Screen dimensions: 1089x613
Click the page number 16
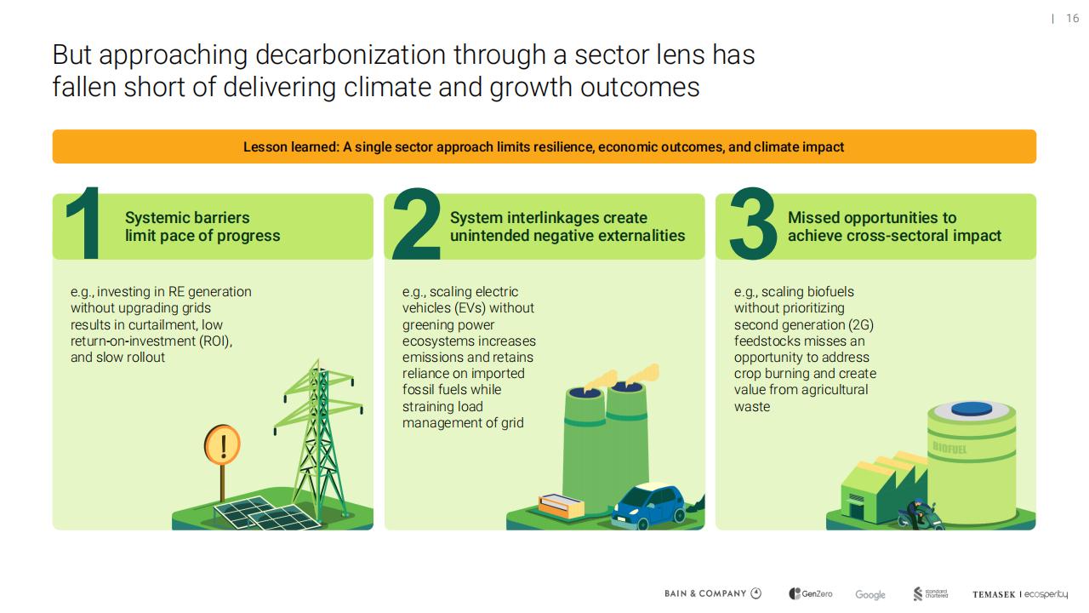pos(1072,19)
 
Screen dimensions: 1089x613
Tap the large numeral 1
pos(84,223)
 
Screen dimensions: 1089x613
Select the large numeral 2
pos(417,223)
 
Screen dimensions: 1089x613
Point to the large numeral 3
pos(753,223)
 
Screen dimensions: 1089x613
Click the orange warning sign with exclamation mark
pos(223,444)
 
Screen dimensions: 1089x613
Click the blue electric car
pos(649,506)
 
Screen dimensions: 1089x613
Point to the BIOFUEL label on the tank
pos(949,448)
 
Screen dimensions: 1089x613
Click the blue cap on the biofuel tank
pos(972,409)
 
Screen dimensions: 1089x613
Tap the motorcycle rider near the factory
pos(918,513)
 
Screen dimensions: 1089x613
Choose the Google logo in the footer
pos(869,594)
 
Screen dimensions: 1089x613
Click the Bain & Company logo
pos(713,593)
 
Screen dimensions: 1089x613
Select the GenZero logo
pos(811,593)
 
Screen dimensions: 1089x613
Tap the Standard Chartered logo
pos(931,593)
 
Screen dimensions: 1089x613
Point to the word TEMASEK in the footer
pos(994,594)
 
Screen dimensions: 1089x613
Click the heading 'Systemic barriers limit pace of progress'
pos(202,226)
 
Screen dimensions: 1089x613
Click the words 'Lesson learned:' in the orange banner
pos(291,147)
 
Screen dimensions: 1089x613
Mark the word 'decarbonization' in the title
pos(350,54)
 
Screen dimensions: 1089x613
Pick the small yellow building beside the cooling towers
pos(561,505)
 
